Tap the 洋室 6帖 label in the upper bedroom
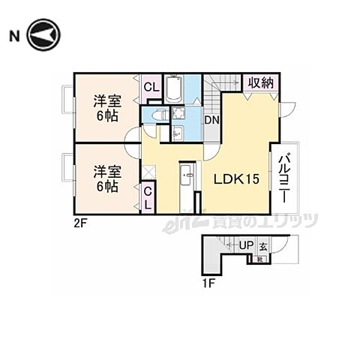click(107, 108)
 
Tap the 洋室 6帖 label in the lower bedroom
click(106, 178)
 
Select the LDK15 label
click(238, 180)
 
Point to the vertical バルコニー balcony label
click(286, 177)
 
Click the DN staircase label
click(213, 118)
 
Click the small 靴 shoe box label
click(259, 259)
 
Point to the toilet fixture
click(158, 114)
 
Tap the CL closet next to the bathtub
click(151, 87)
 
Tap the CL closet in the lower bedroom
click(148, 199)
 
